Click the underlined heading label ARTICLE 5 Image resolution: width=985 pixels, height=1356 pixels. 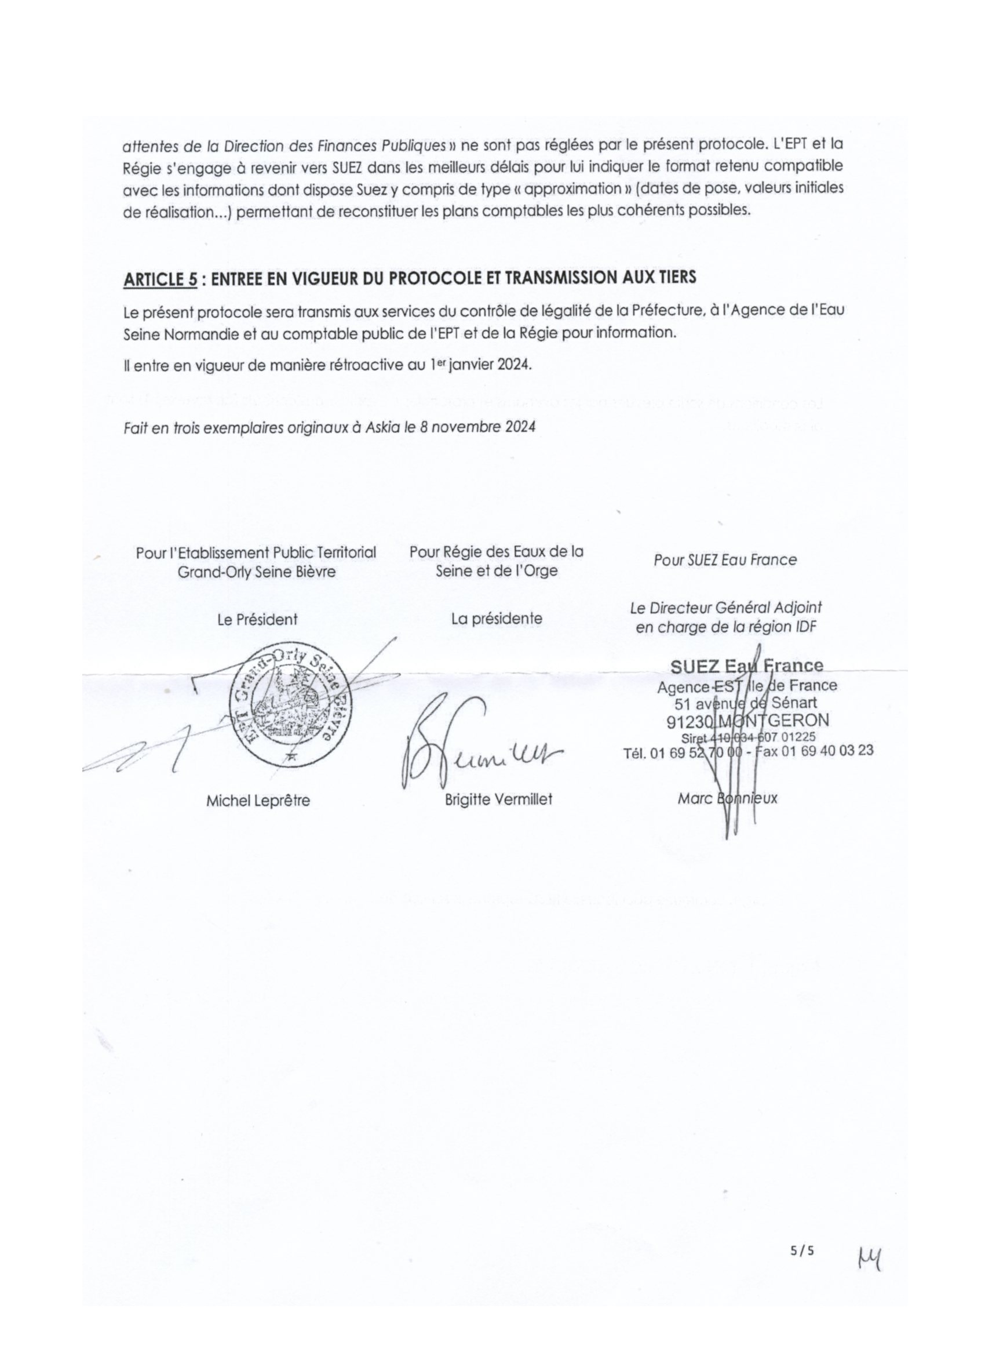[x=159, y=279]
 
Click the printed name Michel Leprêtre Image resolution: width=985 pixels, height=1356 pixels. [x=258, y=801]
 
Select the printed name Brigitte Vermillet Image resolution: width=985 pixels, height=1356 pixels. [x=498, y=799]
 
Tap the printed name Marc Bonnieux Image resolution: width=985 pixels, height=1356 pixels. [x=727, y=798]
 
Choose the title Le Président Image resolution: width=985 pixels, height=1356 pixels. [x=257, y=620]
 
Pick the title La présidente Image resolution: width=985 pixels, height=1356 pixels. [x=497, y=619]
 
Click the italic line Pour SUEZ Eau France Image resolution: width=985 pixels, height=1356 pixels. [x=724, y=561]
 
